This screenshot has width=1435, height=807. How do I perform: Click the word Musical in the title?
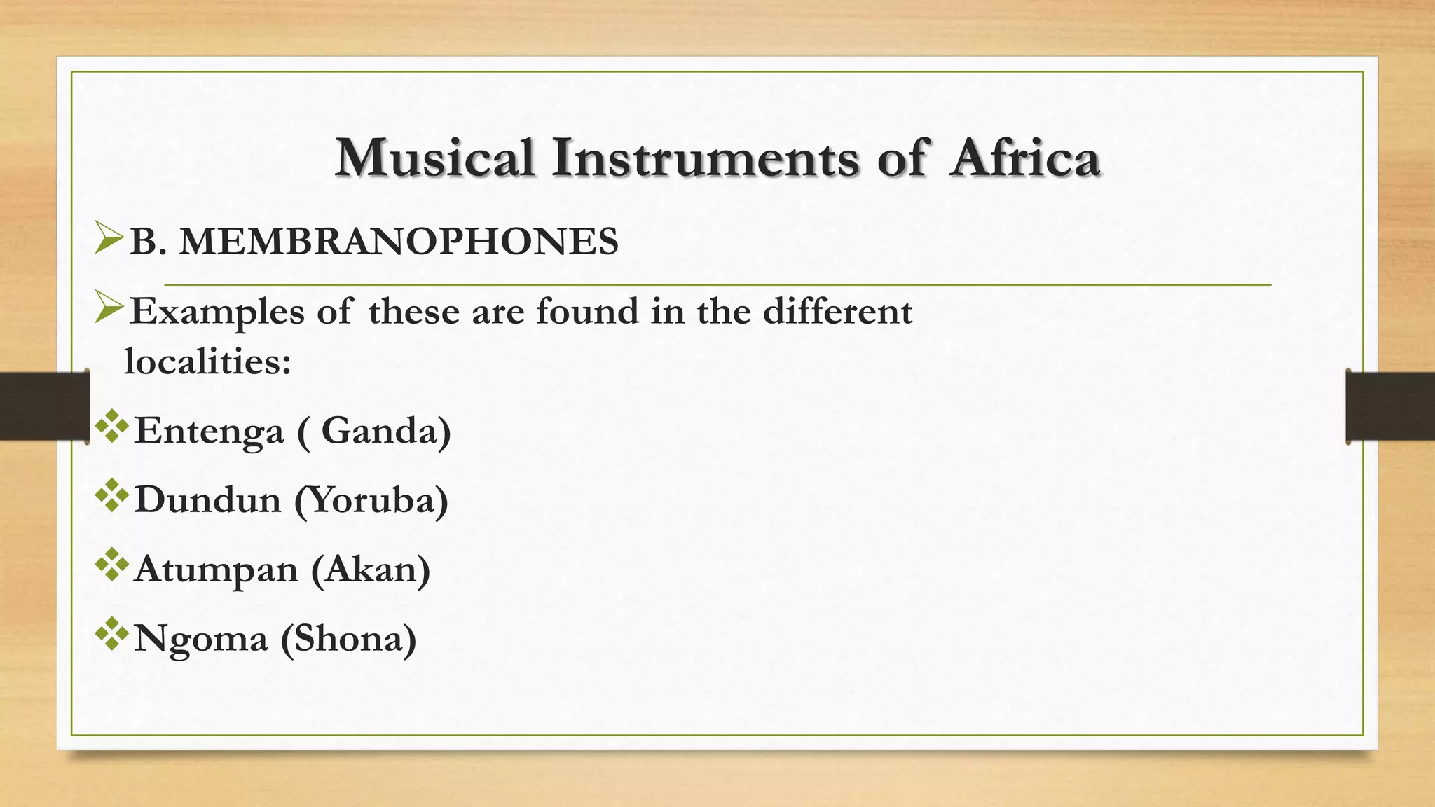pyautogui.click(x=435, y=158)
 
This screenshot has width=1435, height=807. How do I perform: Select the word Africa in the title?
pyautogui.click(x=1025, y=158)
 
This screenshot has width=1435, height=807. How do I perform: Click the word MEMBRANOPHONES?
pyautogui.click(x=399, y=242)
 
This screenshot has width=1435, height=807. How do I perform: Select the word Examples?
pyautogui.click(x=217, y=312)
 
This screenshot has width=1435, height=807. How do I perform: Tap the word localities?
pyautogui.click(x=207, y=361)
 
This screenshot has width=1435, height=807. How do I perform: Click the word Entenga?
pyautogui.click(x=209, y=431)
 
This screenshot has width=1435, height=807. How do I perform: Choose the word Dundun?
pyautogui.click(x=207, y=500)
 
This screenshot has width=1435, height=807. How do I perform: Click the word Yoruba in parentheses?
pyautogui.click(x=371, y=500)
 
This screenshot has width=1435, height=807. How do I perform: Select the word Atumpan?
pyautogui.click(x=216, y=570)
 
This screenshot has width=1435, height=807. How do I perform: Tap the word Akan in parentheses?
pyautogui.click(x=371, y=570)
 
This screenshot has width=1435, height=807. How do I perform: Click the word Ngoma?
pyautogui.click(x=200, y=639)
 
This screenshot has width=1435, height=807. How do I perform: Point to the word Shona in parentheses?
pyautogui.click(x=349, y=639)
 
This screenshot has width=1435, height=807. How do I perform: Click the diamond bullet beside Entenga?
pyautogui.click(x=112, y=427)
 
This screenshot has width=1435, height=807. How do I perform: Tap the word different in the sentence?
pyautogui.click(x=837, y=311)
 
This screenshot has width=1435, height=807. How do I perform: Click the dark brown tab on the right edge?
pyautogui.click(x=1390, y=407)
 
